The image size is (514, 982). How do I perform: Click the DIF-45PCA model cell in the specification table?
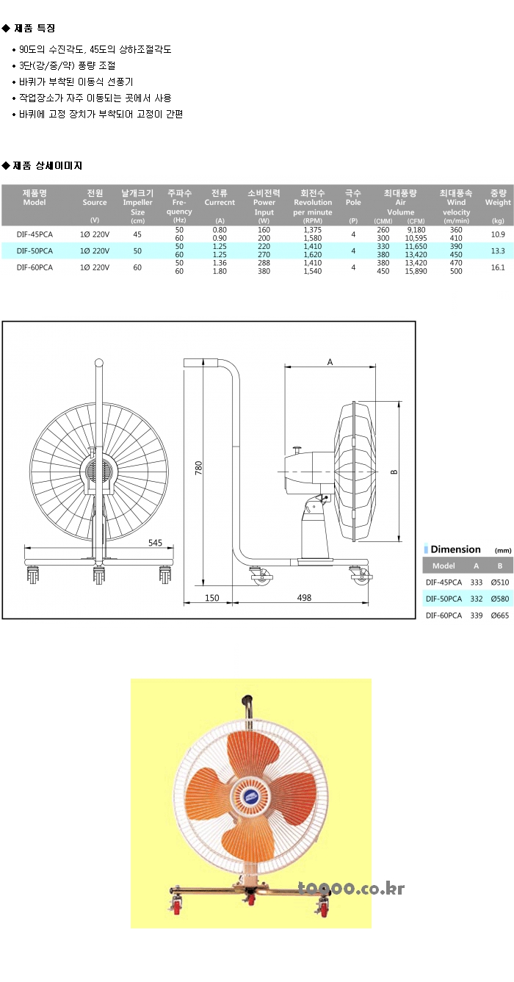35,234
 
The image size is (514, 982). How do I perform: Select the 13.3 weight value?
498,250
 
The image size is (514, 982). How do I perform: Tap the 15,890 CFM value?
416,271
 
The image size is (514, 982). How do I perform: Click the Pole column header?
353,198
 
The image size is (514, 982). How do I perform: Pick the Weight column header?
498,198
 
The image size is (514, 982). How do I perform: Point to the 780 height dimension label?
198,468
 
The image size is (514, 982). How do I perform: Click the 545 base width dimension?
155,543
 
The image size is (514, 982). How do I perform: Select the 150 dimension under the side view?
212,598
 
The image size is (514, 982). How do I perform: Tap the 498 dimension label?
304,598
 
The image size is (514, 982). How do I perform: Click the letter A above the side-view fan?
330,362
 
